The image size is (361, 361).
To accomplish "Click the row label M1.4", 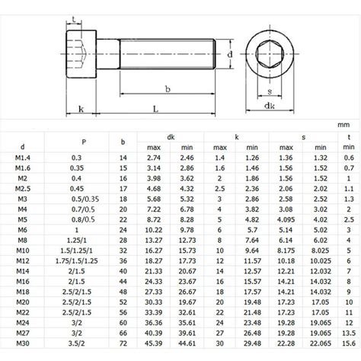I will pyautogui.click(x=23, y=156).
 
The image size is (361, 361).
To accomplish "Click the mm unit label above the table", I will pyautogui.click(x=343, y=121).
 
